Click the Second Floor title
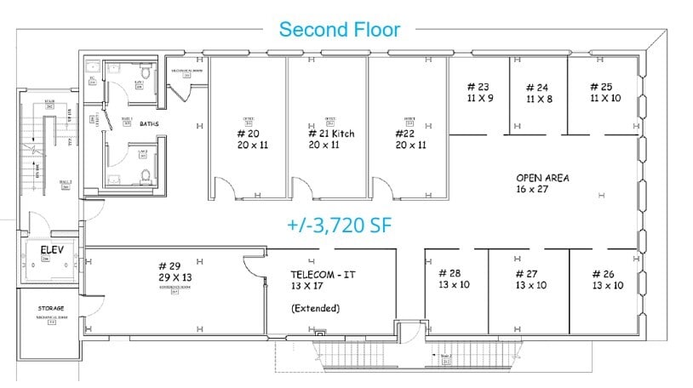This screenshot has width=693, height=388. (x=340, y=30)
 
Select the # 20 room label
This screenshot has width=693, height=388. (x=248, y=134)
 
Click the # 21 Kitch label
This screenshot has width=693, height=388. (x=331, y=134)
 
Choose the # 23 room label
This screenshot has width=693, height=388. (x=478, y=87)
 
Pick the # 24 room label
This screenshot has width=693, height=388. (x=537, y=88)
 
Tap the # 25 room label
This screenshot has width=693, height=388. (x=601, y=87)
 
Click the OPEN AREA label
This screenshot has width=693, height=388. (x=542, y=178)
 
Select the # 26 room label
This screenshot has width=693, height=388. (x=607, y=273)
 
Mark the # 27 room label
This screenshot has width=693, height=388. (x=530, y=273)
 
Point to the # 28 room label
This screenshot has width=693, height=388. (x=450, y=273)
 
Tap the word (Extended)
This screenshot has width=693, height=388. (x=315, y=308)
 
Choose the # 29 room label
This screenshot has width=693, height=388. (x=169, y=265)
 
